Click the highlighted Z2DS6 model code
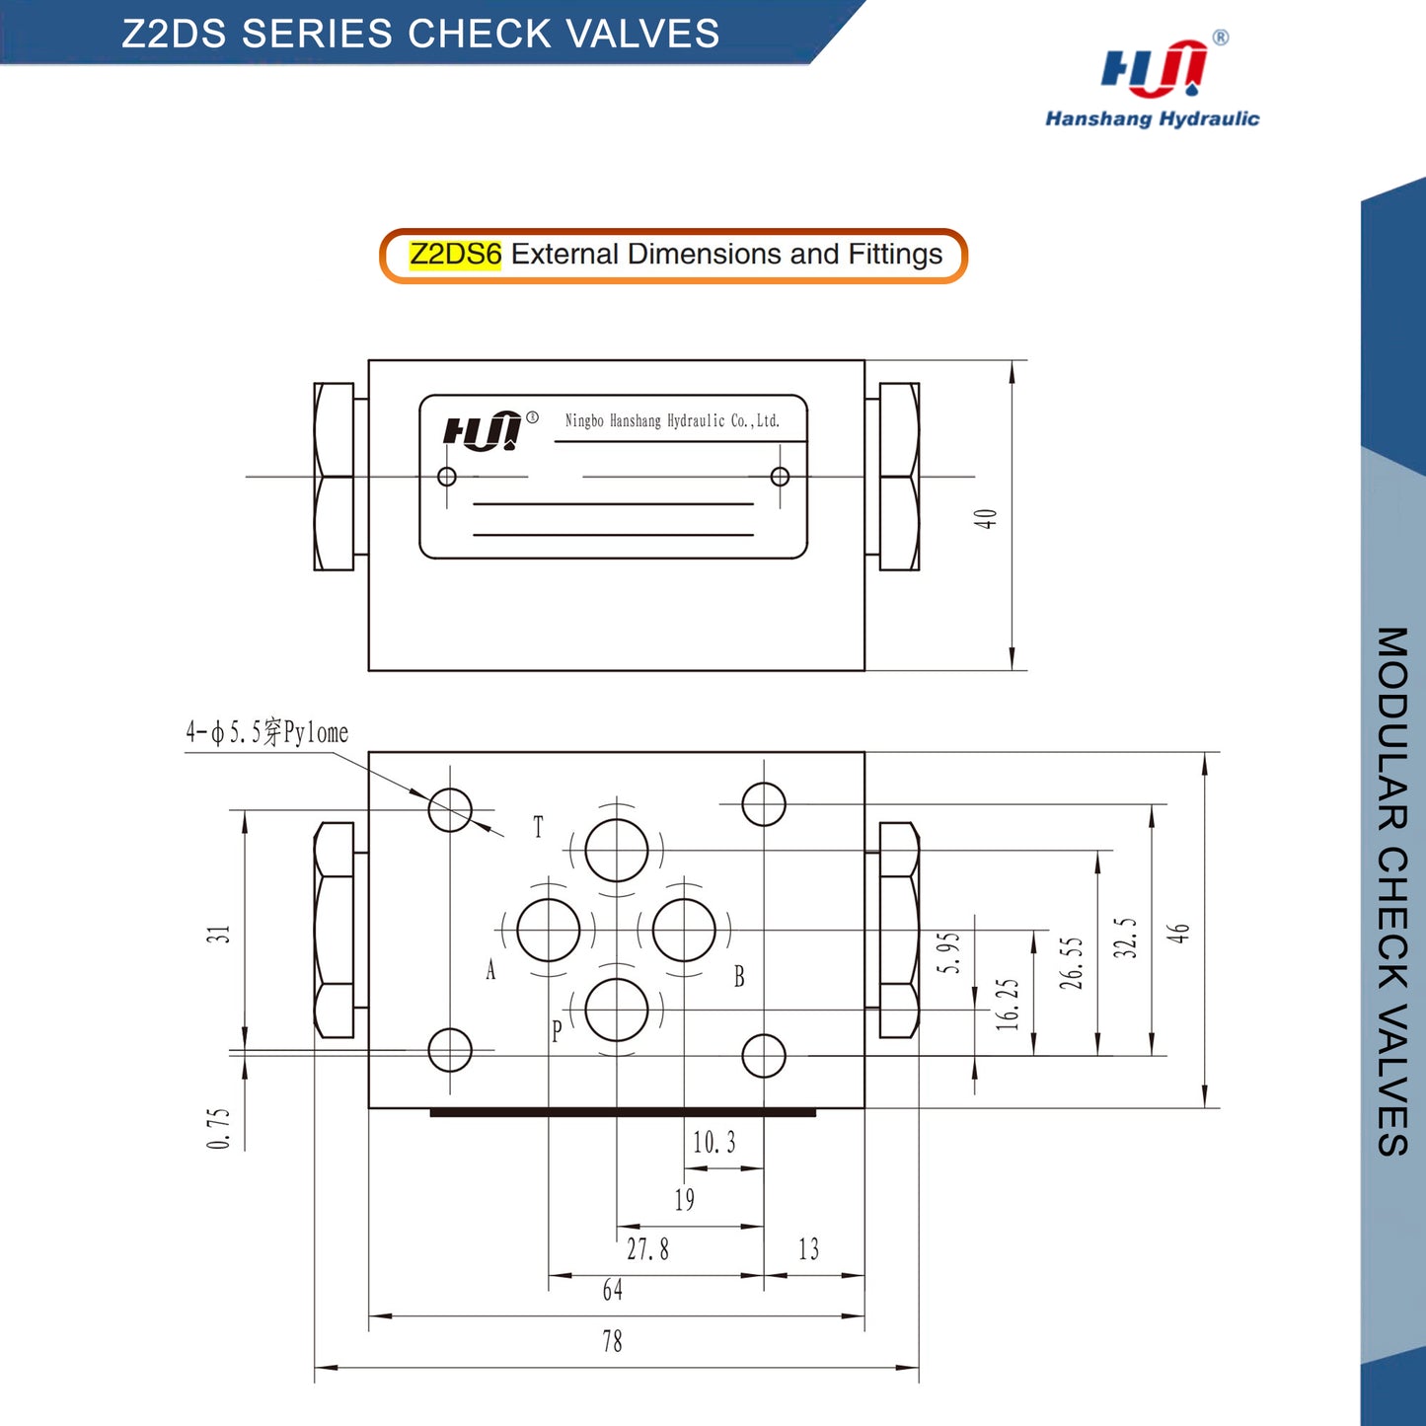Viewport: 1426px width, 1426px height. point(455,255)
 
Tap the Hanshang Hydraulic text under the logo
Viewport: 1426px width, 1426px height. point(1152,119)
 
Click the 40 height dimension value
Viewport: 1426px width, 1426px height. point(986,519)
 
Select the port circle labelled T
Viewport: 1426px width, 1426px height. point(617,851)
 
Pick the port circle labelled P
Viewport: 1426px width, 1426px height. point(617,1010)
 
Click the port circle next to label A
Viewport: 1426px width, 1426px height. point(549,930)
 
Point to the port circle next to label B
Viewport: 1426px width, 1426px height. point(685,930)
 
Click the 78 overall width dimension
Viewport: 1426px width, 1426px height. point(612,1341)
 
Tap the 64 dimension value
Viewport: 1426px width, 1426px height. point(612,1290)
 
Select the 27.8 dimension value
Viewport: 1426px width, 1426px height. point(647,1249)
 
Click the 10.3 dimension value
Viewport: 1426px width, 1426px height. point(714,1143)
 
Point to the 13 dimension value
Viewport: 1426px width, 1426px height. point(809,1249)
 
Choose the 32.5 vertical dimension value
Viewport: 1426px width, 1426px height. point(1125,938)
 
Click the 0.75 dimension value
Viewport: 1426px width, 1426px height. point(219,1129)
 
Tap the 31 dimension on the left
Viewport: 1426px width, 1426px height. point(219,934)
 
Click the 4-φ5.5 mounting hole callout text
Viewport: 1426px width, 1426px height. point(267,732)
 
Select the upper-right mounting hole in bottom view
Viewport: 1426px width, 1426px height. point(763,803)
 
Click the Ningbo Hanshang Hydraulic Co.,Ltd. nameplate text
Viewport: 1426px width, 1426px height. point(672,421)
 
